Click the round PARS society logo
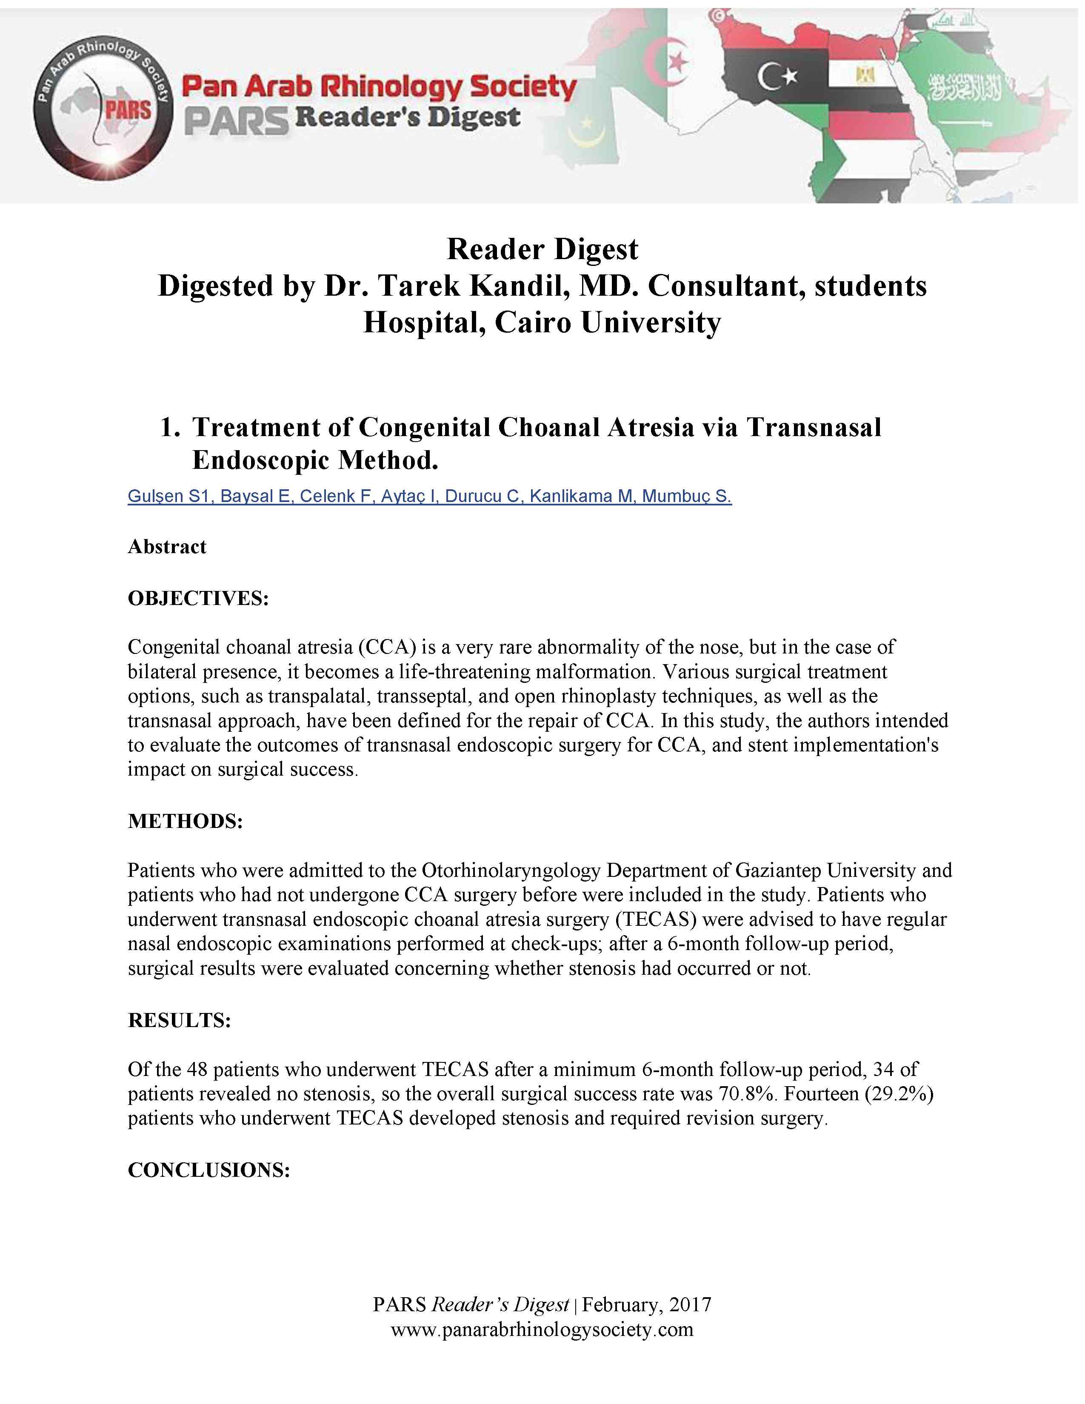click(x=103, y=106)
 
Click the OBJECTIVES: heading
click(x=198, y=599)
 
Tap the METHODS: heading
click(x=185, y=821)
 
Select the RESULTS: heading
click(x=179, y=1020)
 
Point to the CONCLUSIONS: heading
click(x=209, y=1170)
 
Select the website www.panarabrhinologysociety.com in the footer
click(x=542, y=1330)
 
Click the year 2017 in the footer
click(x=690, y=1304)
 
